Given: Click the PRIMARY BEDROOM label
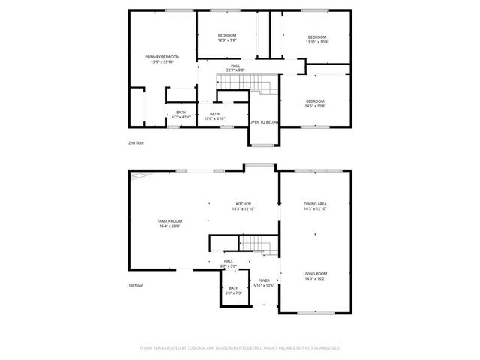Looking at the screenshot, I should (x=163, y=57).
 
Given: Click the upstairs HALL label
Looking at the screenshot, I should (x=235, y=65).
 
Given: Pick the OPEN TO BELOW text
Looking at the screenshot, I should (x=264, y=122).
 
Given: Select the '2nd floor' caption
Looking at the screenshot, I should (x=135, y=141).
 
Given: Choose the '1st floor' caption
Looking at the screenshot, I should (x=135, y=285).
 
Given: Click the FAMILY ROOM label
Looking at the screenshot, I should (x=170, y=220).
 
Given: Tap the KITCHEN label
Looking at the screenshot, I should (x=244, y=204).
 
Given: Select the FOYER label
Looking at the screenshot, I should (x=264, y=280).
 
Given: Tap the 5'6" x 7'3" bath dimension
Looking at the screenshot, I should (x=234, y=293).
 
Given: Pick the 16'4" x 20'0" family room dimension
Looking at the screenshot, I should (x=170, y=226).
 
